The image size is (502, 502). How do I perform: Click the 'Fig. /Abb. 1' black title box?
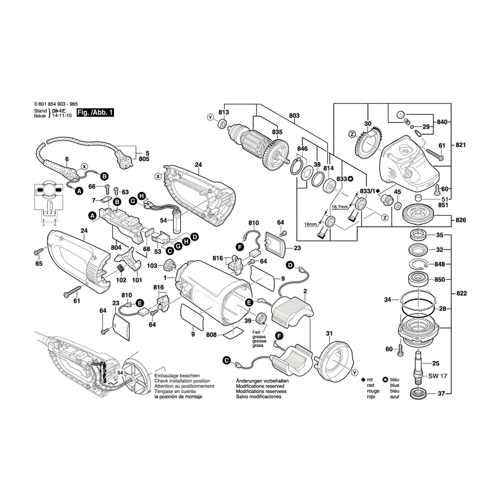(95, 112)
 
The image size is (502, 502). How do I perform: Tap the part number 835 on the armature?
(277, 132)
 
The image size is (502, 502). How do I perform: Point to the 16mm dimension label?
(310, 224)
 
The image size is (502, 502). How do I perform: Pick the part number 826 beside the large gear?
(461, 220)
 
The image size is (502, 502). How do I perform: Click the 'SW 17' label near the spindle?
(437, 376)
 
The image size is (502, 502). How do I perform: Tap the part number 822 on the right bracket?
(462, 293)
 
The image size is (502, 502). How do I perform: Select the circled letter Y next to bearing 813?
(210, 117)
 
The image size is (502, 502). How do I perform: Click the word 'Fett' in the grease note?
(256, 332)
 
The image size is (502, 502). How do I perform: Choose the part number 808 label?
(211, 335)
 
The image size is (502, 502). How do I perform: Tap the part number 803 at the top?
(294, 116)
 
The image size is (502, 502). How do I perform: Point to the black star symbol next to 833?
(350, 179)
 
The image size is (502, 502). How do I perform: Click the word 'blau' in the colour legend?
(395, 380)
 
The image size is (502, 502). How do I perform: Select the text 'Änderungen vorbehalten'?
(262, 381)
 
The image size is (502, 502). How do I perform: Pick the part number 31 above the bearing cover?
(329, 333)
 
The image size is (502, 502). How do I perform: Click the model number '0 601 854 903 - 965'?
(56, 104)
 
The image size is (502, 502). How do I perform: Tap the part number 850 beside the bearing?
(440, 280)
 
